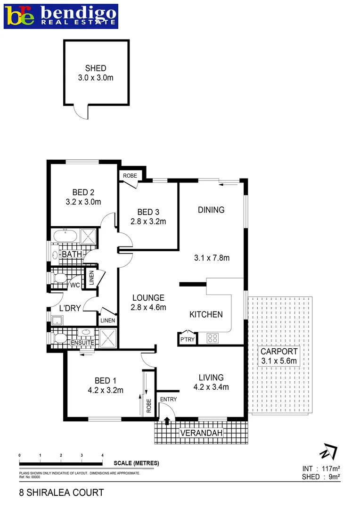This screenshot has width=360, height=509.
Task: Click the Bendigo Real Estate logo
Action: tap(61, 16)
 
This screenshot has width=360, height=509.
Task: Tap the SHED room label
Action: tap(96, 68)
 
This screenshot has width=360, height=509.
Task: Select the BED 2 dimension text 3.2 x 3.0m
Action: tap(83, 202)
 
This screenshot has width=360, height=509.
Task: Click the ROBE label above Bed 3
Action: tap(130, 176)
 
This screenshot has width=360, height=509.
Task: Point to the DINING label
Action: tap(211, 210)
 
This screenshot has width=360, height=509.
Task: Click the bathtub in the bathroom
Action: tap(64, 236)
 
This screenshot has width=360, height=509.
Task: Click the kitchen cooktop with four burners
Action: tap(213, 337)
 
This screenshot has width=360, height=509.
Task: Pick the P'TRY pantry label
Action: tap(185, 339)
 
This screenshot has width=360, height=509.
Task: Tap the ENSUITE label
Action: tap(82, 343)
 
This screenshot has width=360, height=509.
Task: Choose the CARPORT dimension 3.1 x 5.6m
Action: tap(279, 361)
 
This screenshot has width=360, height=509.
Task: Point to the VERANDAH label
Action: tap(201, 433)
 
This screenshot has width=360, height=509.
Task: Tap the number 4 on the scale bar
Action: tap(102, 455)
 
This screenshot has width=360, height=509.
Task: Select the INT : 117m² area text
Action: tap(321, 469)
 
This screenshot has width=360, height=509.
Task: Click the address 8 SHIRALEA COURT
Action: tap(61, 493)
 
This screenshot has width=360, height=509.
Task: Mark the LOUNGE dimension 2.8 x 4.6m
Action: tap(148, 307)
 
